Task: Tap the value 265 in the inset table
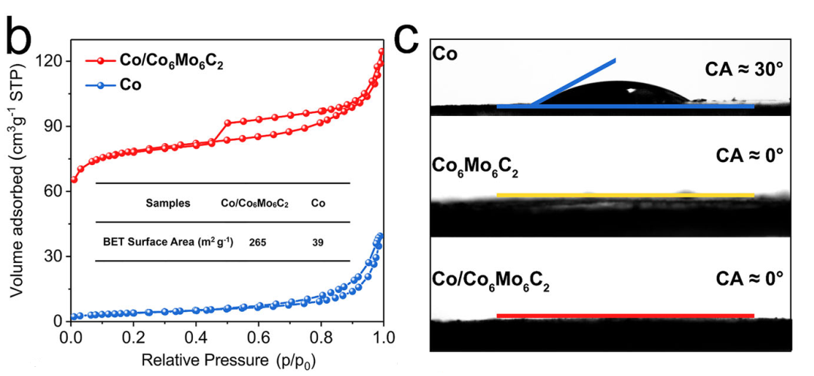[x=257, y=242]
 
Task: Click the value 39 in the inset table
[x=319, y=242]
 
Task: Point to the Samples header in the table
[x=168, y=203]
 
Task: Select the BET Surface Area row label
[x=168, y=242]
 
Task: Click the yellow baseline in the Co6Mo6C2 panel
[x=626, y=195]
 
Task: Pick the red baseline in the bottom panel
[x=626, y=316]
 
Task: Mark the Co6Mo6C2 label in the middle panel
[x=481, y=167]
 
